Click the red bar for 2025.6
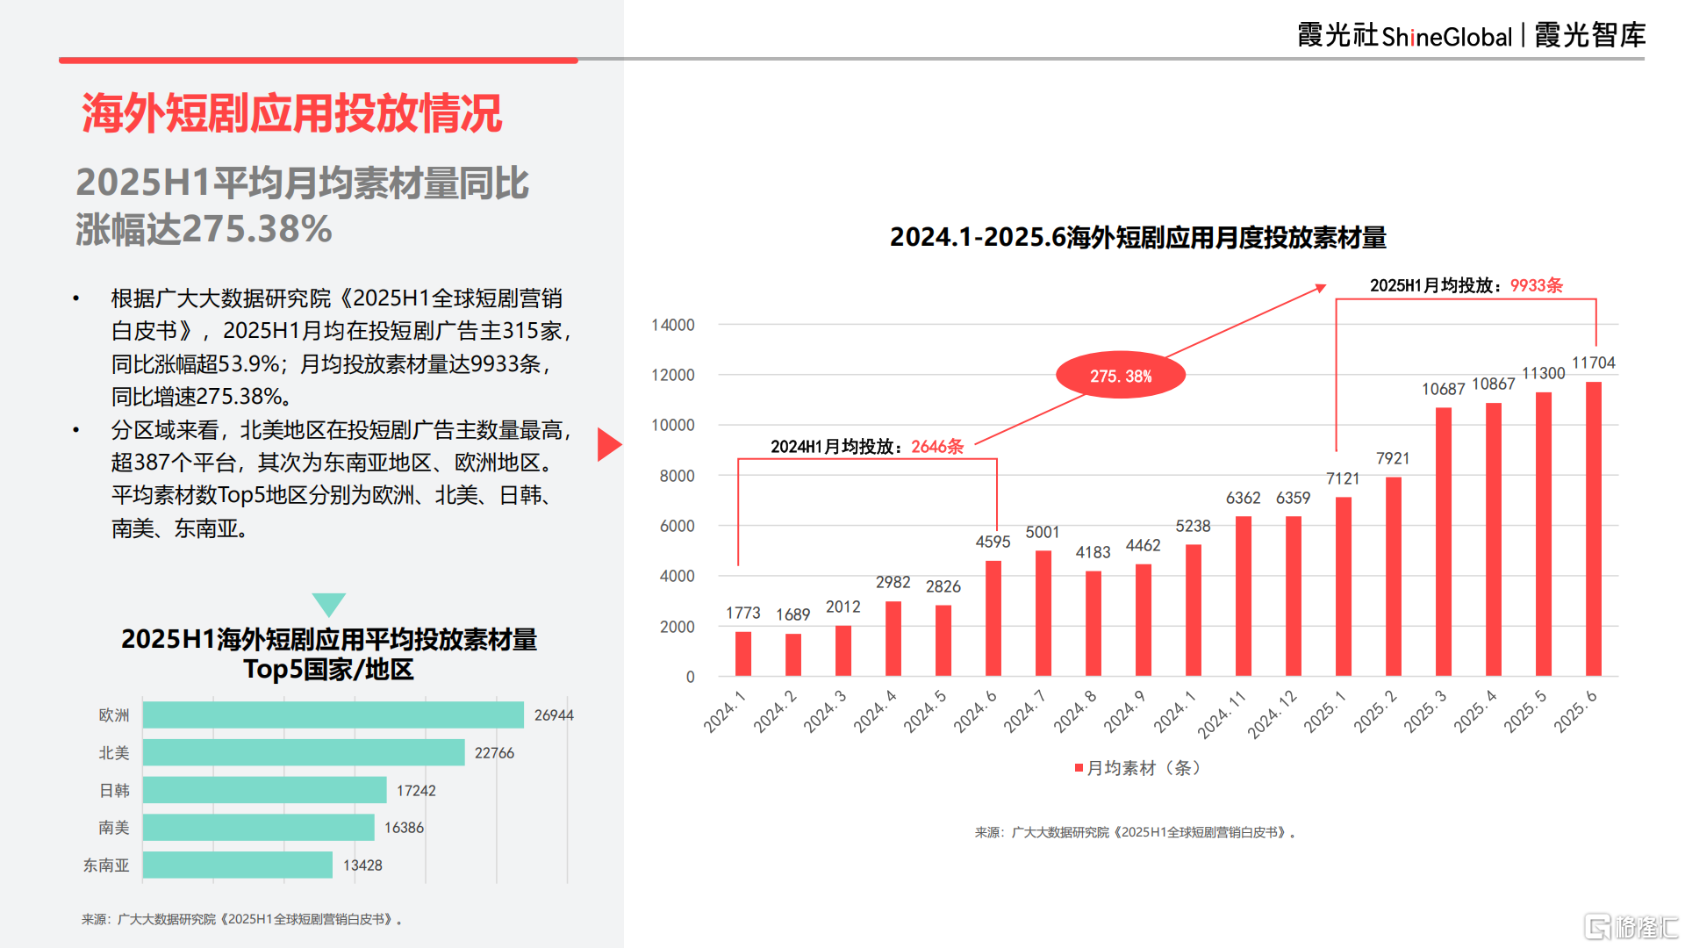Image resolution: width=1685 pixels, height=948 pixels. pyautogui.click(x=1593, y=528)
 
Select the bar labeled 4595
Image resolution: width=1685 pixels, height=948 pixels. pyautogui.click(x=993, y=618)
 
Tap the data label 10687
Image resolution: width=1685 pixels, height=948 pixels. pyautogui.click(x=1443, y=389)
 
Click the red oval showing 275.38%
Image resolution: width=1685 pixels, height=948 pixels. pyautogui.click(x=1121, y=376)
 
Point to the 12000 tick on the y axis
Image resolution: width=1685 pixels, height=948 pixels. pyautogui.click(x=673, y=375)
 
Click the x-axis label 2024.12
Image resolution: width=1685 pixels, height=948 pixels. pyautogui.click(x=1272, y=714)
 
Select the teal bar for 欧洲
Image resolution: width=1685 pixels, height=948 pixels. pyautogui.click(x=333, y=715)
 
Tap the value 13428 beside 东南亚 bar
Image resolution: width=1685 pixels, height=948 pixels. pyautogui.click(x=362, y=865)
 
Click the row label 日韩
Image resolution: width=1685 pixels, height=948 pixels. pyautogui.click(x=114, y=791)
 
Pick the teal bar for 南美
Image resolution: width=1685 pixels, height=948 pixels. pyautogui.click(x=259, y=828)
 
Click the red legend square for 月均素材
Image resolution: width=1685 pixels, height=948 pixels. pyautogui.click(x=1079, y=768)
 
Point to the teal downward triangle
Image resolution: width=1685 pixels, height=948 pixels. pyautogui.click(x=329, y=604)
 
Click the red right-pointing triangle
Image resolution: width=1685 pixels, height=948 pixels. pyautogui.click(x=608, y=444)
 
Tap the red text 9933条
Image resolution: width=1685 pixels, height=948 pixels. pyautogui.click(x=1536, y=285)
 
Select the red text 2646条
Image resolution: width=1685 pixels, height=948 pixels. pyautogui.click(x=937, y=447)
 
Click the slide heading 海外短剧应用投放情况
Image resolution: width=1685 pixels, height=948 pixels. pyautogui.click(x=291, y=114)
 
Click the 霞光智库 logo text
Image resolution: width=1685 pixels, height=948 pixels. pyautogui.click(x=1589, y=36)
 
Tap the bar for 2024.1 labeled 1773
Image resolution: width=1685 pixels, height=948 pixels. pyautogui.click(x=743, y=653)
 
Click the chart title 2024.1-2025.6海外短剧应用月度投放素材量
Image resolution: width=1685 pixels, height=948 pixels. pyautogui.click(x=1137, y=238)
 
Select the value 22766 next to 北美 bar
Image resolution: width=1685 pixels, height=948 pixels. pyautogui.click(x=494, y=753)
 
